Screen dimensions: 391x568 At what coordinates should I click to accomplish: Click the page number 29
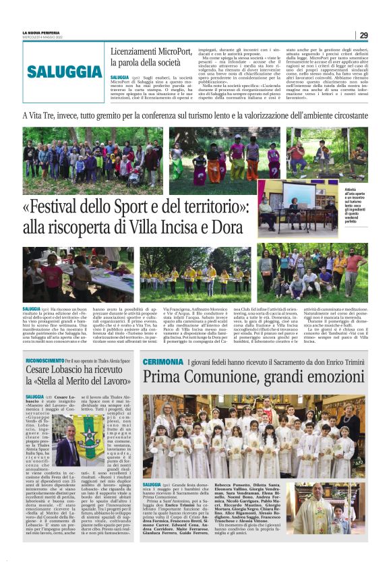click(363, 35)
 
